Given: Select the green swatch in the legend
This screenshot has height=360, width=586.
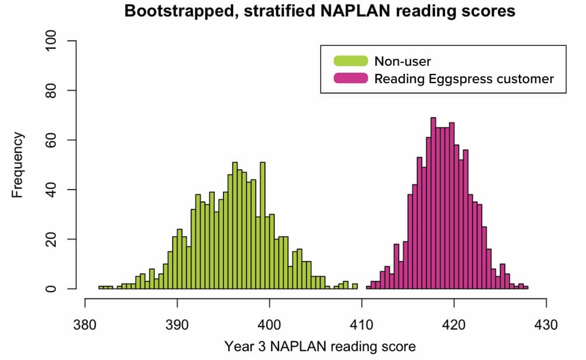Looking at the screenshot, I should [x=350, y=61].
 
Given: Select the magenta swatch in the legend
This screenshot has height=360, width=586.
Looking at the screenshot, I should [x=350, y=78].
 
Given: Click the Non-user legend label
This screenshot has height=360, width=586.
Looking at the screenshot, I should [x=403, y=61].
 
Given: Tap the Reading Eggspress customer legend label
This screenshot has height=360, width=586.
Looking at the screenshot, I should [x=464, y=79].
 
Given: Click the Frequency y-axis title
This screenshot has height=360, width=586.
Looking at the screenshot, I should [x=18, y=165].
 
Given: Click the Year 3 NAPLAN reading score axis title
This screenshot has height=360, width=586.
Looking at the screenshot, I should [x=320, y=347].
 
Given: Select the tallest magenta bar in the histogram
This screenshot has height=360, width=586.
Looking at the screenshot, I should [x=433, y=204].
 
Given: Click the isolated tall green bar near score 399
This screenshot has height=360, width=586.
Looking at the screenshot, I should [x=262, y=227].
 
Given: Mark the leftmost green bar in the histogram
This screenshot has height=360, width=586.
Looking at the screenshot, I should [x=101, y=287].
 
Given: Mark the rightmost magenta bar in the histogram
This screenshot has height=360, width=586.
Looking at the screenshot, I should [x=525, y=287].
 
